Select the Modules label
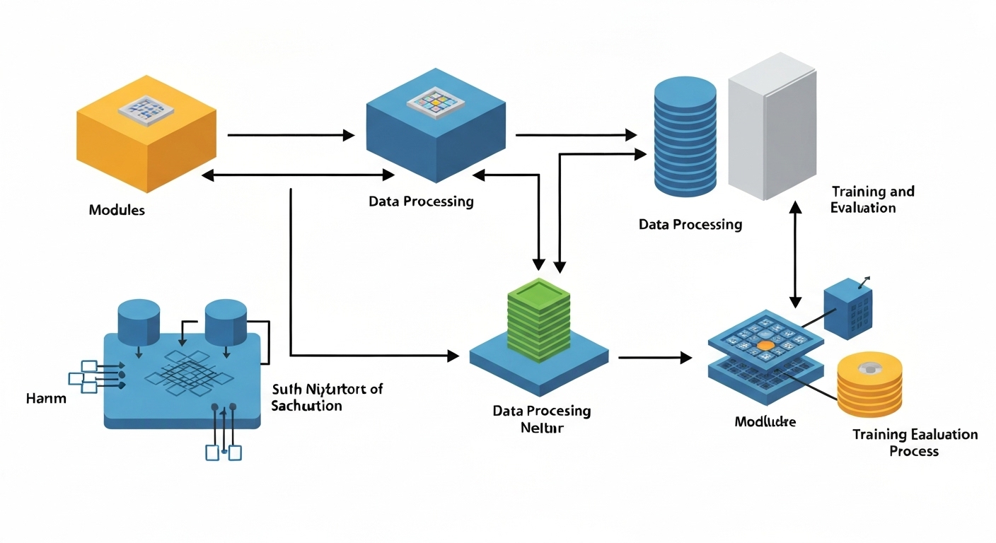point(117,210)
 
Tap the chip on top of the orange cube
point(145,107)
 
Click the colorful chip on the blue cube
point(435,105)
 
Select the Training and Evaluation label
point(872,199)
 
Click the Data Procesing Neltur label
point(542,419)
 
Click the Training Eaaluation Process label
point(915,443)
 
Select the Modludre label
point(765,422)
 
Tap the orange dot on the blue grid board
point(765,346)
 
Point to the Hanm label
point(46,398)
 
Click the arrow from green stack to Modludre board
point(654,358)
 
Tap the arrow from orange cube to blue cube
point(290,135)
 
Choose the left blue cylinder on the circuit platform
point(139,320)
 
